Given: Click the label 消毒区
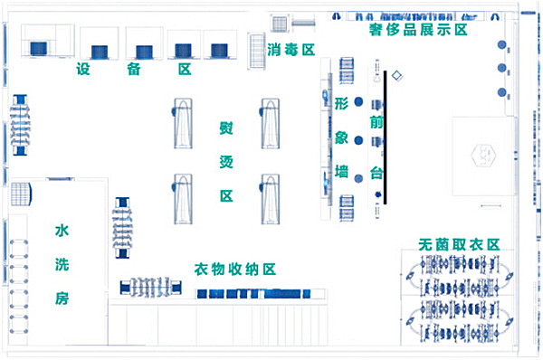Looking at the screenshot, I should tap(291, 50).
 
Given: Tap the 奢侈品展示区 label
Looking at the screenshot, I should tap(417, 30).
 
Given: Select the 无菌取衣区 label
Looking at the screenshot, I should tap(460, 244).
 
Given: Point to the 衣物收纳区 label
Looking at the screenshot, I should tap(234, 270).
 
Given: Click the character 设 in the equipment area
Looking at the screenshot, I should tap(84, 70).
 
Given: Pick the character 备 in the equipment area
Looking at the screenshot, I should tap(134, 70).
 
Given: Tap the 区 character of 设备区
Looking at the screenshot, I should tap(185, 70).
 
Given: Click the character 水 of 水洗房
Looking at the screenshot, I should tap(62, 231).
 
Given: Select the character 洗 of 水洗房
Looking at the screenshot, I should tap(62, 264).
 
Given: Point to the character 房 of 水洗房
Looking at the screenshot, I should tap(62, 298).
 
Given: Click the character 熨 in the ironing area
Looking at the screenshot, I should tap(226, 128).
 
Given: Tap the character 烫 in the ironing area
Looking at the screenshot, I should tap(226, 161).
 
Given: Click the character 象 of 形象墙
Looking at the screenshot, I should tap(341, 137).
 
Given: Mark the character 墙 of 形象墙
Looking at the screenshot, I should tap(341, 170).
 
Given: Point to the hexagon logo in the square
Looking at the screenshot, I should tap(487, 156).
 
